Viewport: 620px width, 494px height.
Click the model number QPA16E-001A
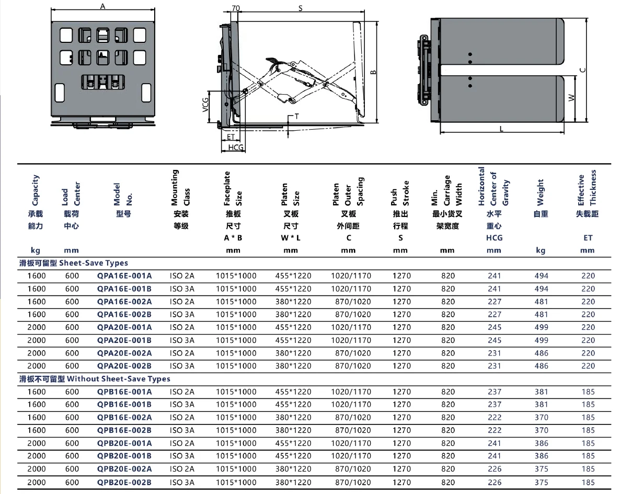pyautogui.click(x=124, y=275)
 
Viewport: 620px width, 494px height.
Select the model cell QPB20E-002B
pyautogui.click(x=124, y=482)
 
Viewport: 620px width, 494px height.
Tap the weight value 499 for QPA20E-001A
pyautogui.click(x=541, y=327)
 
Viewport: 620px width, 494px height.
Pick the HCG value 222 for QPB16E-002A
pyautogui.click(x=494, y=417)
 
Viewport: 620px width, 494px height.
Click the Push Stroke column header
pyautogui.click(x=401, y=209)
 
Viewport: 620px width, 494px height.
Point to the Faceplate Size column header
pyautogui.click(x=233, y=209)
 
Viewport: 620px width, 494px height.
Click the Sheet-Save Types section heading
pyautogui.click(x=74, y=263)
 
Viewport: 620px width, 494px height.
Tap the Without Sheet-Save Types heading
pyautogui.click(x=95, y=378)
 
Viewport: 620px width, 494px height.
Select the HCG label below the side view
pyautogui.click(x=236, y=148)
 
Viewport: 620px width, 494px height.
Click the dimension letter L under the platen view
pyautogui.click(x=501, y=129)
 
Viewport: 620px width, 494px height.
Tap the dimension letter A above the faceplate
pyautogui.click(x=102, y=6)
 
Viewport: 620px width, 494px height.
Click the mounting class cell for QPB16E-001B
pyautogui.click(x=181, y=404)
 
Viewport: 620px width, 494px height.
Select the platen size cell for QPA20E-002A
pyautogui.click(x=293, y=353)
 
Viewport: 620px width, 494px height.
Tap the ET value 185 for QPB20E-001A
pyautogui.click(x=588, y=443)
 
